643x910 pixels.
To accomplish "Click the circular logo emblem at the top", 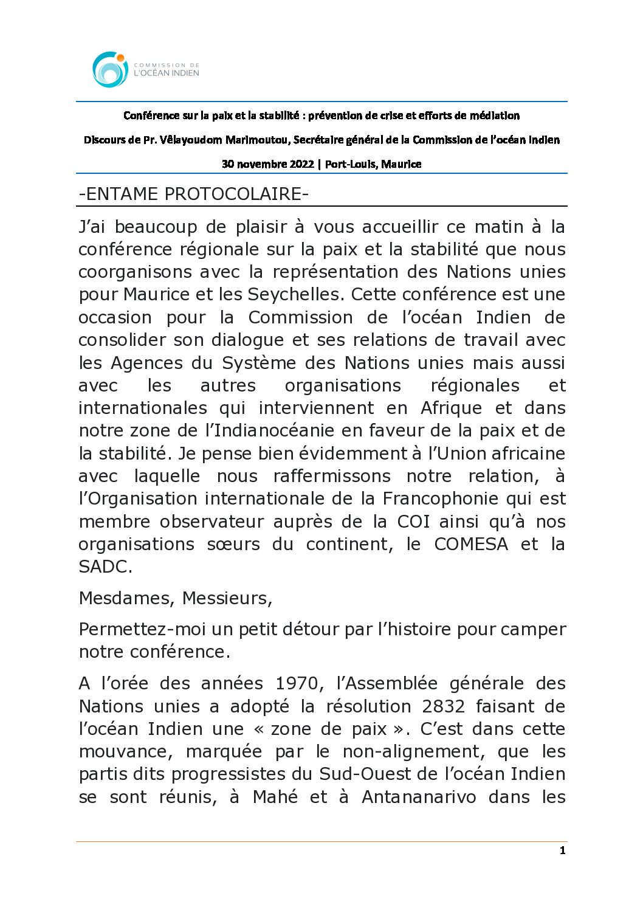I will [x=110, y=69].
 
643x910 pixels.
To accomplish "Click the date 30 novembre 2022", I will [x=267, y=164].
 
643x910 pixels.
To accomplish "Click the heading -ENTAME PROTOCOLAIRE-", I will [x=194, y=195].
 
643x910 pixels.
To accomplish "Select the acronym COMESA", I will [x=471, y=544].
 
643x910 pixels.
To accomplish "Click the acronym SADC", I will [x=105, y=567].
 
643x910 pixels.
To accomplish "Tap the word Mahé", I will [x=275, y=797].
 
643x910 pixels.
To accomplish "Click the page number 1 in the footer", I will [x=562, y=851].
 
